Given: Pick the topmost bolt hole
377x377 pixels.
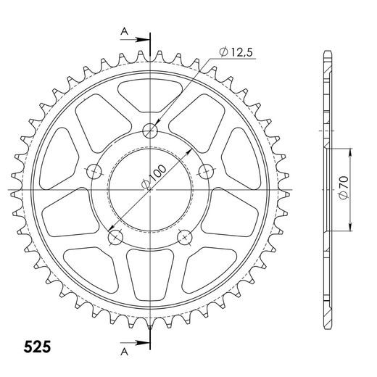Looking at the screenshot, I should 151,131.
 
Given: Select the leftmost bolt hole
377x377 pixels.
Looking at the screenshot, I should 94,172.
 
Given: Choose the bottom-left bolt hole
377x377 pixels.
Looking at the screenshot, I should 115,236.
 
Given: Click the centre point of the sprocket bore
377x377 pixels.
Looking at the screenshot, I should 150,190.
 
